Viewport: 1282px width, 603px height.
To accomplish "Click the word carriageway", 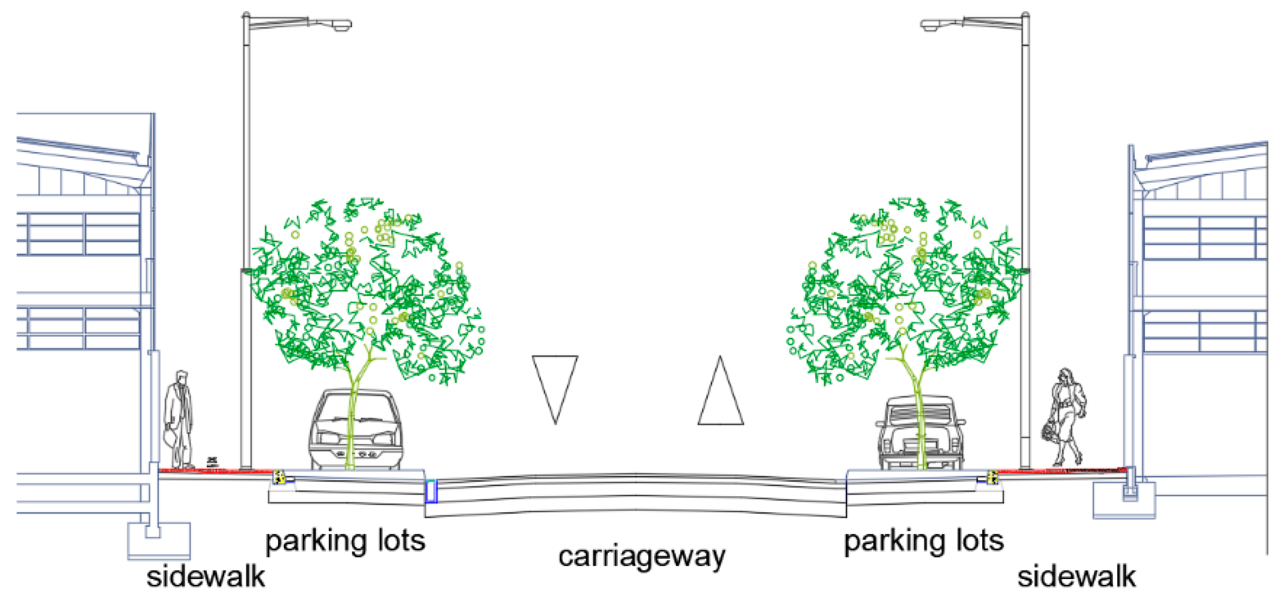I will click(641, 557).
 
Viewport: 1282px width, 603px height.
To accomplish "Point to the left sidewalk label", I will click(205, 577).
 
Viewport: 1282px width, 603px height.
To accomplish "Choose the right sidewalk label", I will click(1076, 577).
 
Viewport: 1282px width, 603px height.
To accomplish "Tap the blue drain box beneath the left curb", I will click(431, 491).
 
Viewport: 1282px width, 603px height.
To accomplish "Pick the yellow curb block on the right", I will click(992, 477).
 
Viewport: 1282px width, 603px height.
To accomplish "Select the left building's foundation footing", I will click(158, 540).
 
